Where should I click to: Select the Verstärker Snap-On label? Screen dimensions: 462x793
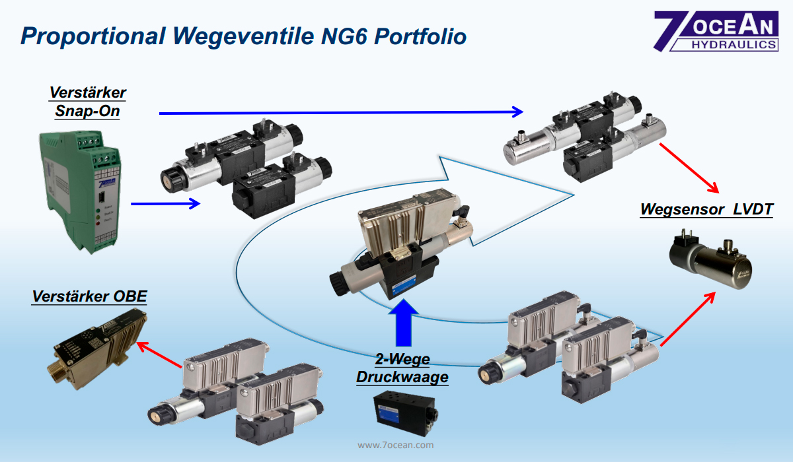click(x=87, y=101)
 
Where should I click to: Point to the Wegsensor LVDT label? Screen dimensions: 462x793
click(x=706, y=210)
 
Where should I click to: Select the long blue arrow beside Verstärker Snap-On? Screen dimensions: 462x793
click(x=340, y=113)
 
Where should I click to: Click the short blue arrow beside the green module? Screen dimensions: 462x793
click(x=165, y=204)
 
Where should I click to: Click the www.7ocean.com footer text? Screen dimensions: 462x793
click(x=396, y=445)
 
